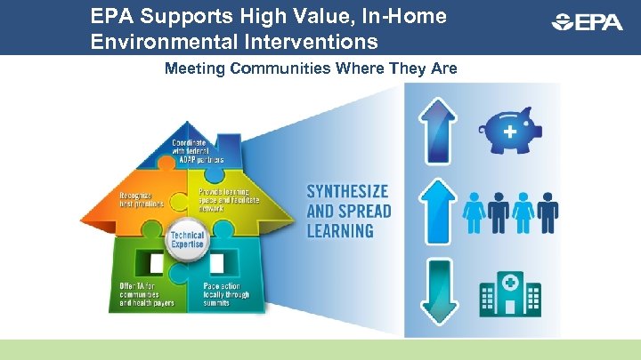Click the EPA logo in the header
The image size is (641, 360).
click(x=587, y=22)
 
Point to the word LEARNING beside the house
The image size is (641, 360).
click(x=340, y=231)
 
